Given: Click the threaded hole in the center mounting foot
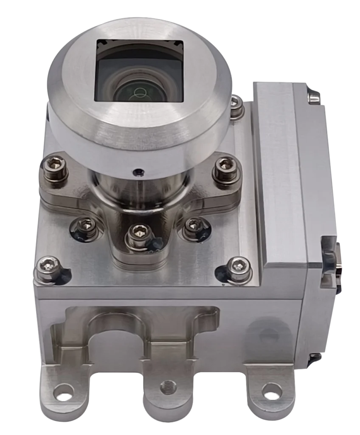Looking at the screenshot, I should click(x=168, y=387).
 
